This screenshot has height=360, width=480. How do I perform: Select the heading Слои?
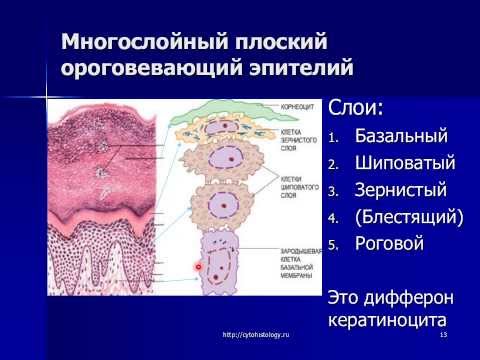point(356,106)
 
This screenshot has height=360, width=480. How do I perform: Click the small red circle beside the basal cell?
point(199,267)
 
